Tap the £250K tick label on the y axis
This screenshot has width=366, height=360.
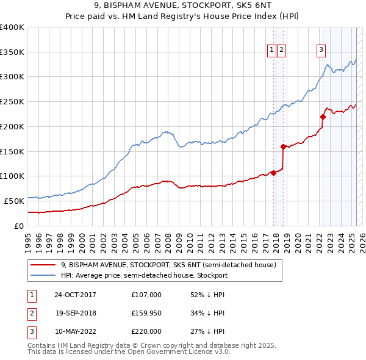click(x=12, y=102)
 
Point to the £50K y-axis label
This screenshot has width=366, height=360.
click(x=15, y=201)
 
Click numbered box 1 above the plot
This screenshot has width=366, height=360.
click(x=271, y=51)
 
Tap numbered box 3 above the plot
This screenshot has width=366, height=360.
click(x=321, y=51)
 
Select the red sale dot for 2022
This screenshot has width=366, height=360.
click(x=323, y=117)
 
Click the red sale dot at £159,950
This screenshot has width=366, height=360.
click(x=283, y=146)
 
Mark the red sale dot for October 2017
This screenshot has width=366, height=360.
click(x=273, y=173)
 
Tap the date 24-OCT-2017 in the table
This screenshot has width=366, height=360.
click(x=75, y=295)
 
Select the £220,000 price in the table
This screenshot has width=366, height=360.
click(x=146, y=331)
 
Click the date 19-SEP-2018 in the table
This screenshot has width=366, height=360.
click(x=75, y=313)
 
